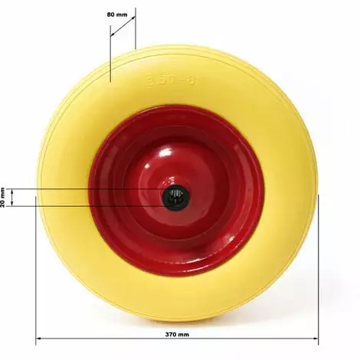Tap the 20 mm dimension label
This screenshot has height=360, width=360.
[4, 197]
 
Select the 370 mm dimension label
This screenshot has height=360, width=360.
[177, 335]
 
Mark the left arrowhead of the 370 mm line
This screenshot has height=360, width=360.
[38, 341]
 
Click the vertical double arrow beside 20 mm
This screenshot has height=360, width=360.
[13, 198]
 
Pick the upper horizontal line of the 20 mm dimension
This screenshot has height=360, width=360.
[84, 189]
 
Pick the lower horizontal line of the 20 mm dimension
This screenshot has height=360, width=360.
[84, 205]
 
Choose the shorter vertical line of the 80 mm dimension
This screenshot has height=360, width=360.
[136, 31]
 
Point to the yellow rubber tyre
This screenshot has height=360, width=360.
[69, 153]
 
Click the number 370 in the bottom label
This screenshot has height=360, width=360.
[172, 335]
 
